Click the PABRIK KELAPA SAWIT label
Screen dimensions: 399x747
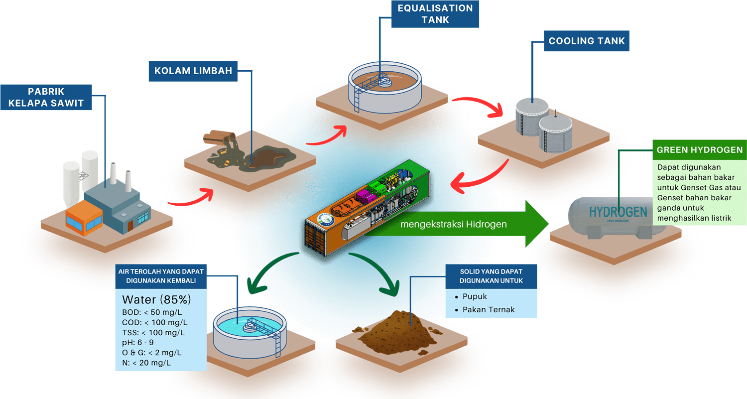[46, 98]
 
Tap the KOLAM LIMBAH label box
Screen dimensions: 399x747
[193, 71]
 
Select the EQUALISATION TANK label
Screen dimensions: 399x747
[435, 14]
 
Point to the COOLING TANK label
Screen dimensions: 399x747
[586, 41]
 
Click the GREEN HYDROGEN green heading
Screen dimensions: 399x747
[699, 150]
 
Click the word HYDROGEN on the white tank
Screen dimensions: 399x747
[618, 212]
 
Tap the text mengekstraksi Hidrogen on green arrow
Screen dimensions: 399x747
[454, 224]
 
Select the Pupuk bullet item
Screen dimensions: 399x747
[474, 296]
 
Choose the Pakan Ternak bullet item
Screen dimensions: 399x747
[488, 309]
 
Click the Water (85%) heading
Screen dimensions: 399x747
[156, 300]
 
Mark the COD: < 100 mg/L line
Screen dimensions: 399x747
[154, 322]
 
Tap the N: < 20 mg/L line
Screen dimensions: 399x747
[146, 363]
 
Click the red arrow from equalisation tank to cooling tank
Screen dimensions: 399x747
[481, 106]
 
